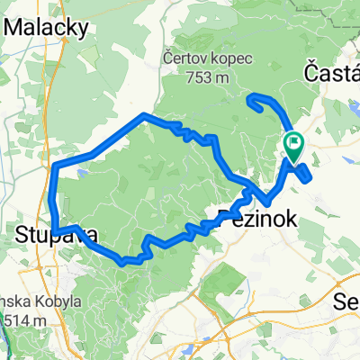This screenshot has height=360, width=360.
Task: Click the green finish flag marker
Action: [x=294, y=144]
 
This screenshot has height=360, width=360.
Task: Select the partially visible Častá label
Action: [x=333, y=71]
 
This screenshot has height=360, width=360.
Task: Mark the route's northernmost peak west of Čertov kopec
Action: [x=145, y=114]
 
